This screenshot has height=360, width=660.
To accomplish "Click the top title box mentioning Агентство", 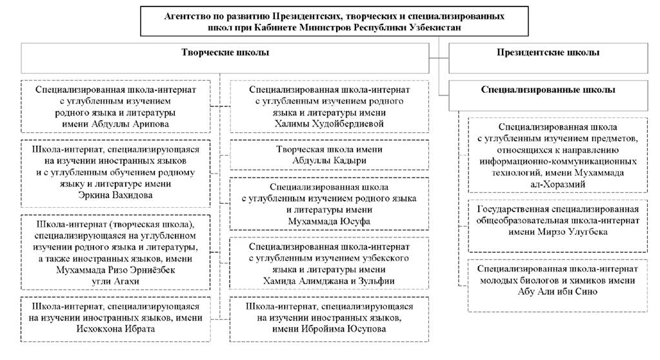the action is pos(334,21).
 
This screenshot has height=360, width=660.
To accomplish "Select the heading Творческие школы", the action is pos(225,53).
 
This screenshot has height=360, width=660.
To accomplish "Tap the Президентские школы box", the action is pos(548,58).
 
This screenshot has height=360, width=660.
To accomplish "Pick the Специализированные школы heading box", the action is pos(548,95).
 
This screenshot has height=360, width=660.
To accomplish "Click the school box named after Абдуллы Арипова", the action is pos(115,106).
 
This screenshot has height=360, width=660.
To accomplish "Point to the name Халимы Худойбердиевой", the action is pos(329,124).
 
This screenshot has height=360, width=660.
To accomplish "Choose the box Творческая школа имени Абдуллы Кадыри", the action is pos(329,155).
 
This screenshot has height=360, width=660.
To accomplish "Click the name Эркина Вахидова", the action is pos(115,195).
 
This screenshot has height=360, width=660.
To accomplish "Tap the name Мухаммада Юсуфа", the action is pos(329,221).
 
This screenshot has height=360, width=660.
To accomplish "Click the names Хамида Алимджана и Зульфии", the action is pos(329,281).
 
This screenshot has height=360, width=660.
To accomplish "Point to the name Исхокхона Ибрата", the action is pos(115,329).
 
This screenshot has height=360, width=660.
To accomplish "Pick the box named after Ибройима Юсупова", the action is pos(329,319).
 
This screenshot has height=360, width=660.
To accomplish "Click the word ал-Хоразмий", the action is pos(557,185).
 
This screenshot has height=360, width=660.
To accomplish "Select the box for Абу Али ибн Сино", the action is pos(557,286).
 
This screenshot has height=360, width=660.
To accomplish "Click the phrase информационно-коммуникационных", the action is pos(557,161).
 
